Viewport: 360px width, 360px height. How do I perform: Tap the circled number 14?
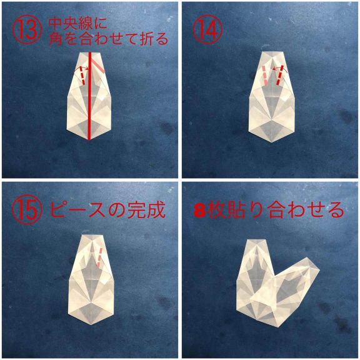(x=207, y=29)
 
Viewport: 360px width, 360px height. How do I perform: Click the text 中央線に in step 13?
(x=77, y=24)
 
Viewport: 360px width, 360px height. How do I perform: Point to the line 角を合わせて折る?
(x=108, y=39)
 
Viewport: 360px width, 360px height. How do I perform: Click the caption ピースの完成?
(x=107, y=209)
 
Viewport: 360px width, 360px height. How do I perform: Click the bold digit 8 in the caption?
(x=199, y=211)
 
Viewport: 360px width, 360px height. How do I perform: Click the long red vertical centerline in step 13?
(x=90, y=96)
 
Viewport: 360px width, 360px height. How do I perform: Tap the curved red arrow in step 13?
(x=80, y=68)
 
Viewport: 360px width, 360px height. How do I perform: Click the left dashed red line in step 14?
(x=265, y=76)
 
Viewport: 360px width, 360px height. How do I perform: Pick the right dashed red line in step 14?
(x=280, y=75)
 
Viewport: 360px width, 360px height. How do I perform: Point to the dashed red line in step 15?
(x=99, y=258)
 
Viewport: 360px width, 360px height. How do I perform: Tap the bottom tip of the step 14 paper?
(x=272, y=142)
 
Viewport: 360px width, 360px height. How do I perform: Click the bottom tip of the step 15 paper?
(x=92, y=324)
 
